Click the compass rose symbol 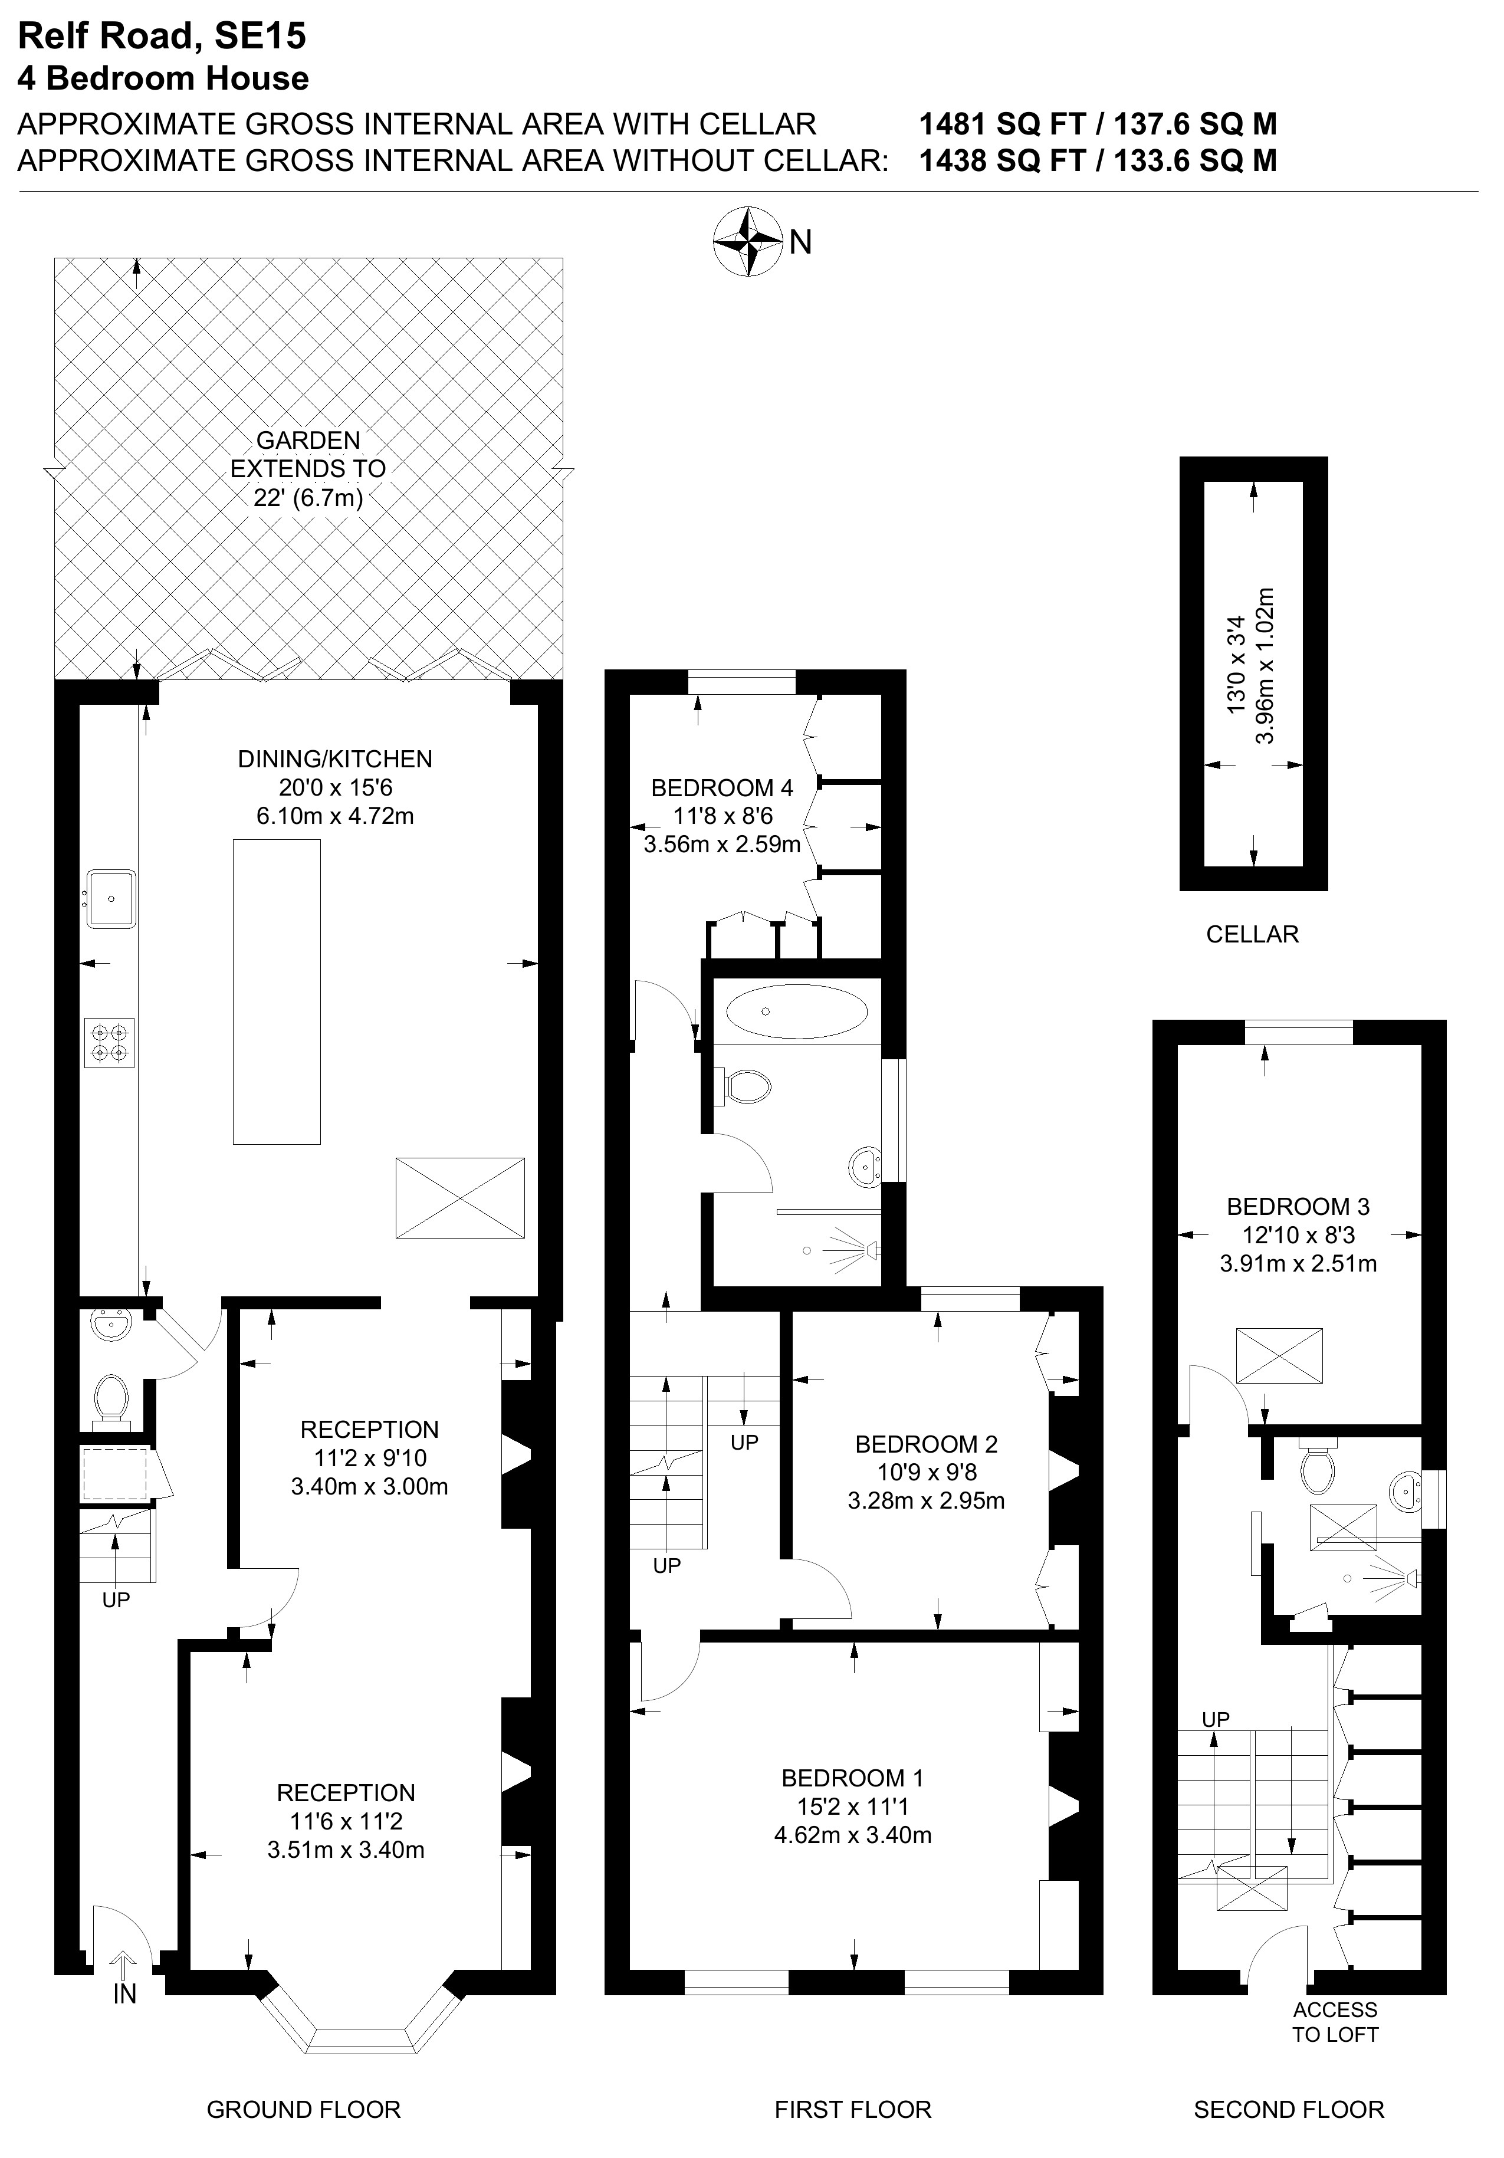(x=748, y=242)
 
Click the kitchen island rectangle (x=277, y=991)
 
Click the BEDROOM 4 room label (x=722, y=787)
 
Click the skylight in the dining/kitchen (x=459, y=1197)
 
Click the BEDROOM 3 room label (x=1298, y=1206)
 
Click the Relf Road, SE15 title (x=162, y=36)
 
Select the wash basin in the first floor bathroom (x=865, y=1168)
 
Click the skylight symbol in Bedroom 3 (x=1279, y=1355)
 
